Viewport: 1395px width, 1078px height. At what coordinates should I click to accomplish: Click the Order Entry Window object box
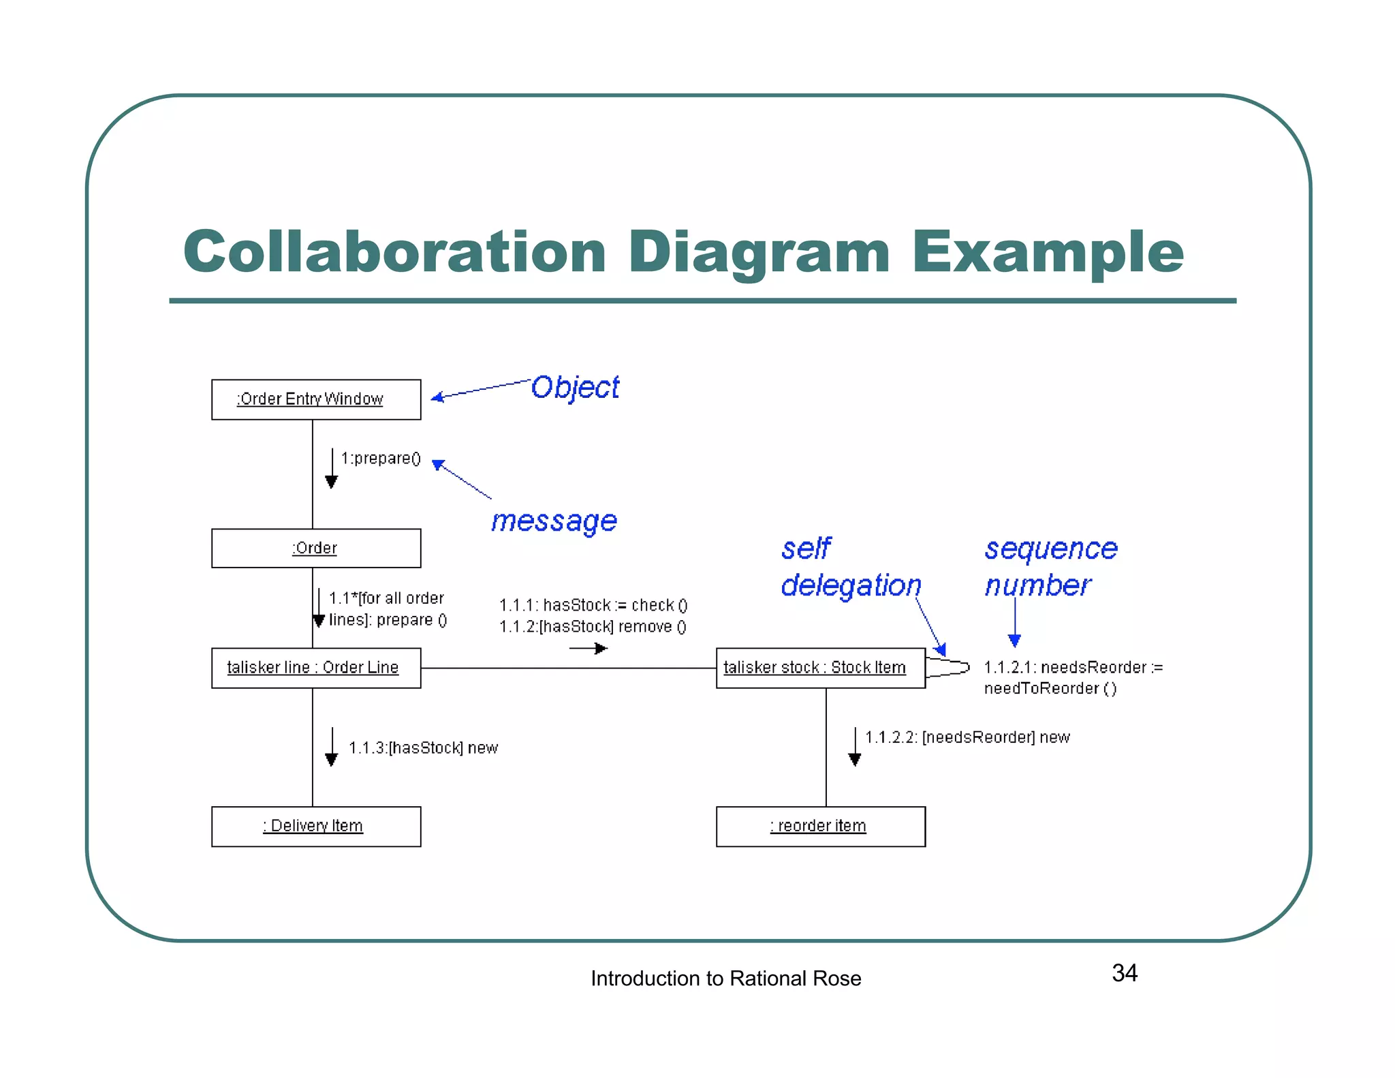point(316,399)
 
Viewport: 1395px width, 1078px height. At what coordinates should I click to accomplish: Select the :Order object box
point(316,548)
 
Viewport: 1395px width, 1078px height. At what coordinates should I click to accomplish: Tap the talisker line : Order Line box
point(316,668)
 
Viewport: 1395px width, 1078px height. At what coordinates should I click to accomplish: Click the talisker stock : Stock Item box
point(820,668)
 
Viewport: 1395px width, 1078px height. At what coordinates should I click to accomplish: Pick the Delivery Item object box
point(316,826)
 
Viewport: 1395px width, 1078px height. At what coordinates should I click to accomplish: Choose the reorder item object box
point(820,826)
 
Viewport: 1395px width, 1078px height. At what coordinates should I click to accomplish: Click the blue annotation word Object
point(575,388)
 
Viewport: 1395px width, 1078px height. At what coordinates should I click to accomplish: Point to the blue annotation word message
point(554,521)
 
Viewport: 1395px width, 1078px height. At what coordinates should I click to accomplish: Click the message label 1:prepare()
point(381,459)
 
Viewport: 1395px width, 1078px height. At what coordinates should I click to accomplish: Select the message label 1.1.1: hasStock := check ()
point(593,605)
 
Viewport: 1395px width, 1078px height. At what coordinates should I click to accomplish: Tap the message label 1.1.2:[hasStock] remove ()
point(593,626)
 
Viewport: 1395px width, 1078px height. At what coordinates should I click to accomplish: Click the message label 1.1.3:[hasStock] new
point(423,748)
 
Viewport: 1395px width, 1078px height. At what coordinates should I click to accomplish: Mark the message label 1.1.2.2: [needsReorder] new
point(967,737)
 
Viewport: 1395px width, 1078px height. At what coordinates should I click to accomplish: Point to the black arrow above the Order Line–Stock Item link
point(589,648)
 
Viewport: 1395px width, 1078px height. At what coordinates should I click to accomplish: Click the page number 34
point(1125,973)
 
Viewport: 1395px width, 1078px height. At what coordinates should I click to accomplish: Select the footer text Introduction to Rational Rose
point(725,979)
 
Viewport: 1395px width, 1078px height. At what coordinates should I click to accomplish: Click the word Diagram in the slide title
point(758,252)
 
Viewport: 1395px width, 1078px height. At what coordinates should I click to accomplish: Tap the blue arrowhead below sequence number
point(1014,640)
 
